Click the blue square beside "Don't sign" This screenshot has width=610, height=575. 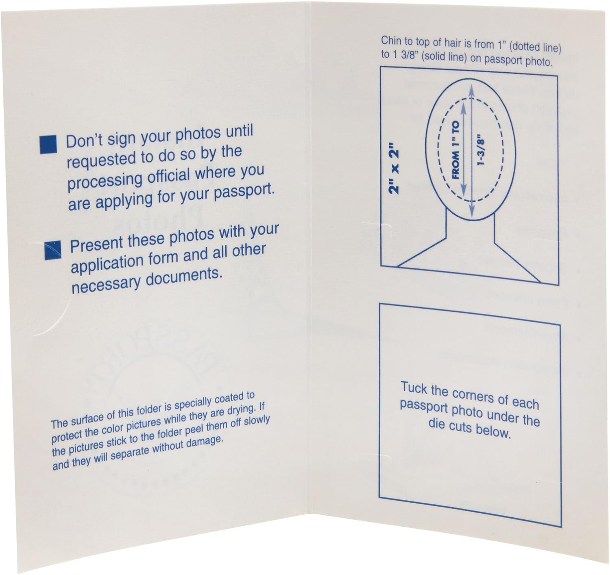pos(48,145)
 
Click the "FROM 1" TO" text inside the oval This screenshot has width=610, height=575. pos(455,150)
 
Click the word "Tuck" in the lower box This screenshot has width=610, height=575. pos(414,388)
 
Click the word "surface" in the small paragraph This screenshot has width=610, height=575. pos(87,418)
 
